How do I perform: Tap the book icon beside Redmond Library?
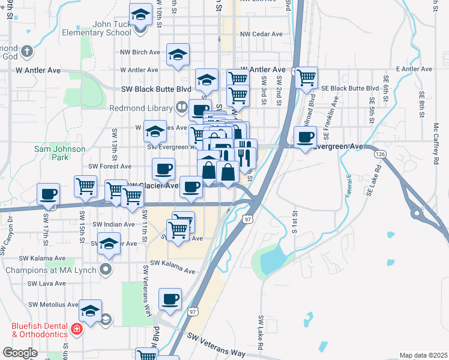[181, 107]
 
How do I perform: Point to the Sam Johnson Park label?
[59, 153]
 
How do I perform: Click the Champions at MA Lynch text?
[50, 269]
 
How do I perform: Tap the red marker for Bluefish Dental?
[76, 328]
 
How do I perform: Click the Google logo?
[20, 353]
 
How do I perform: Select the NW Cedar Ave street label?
[261, 34]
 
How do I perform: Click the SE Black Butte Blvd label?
[349, 88]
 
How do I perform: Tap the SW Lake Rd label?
[261, 333]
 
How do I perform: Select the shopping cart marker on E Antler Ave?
[306, 77]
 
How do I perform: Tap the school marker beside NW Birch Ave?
[178, 55]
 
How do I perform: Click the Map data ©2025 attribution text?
[423, 355]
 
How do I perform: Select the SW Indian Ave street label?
[113, 224]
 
